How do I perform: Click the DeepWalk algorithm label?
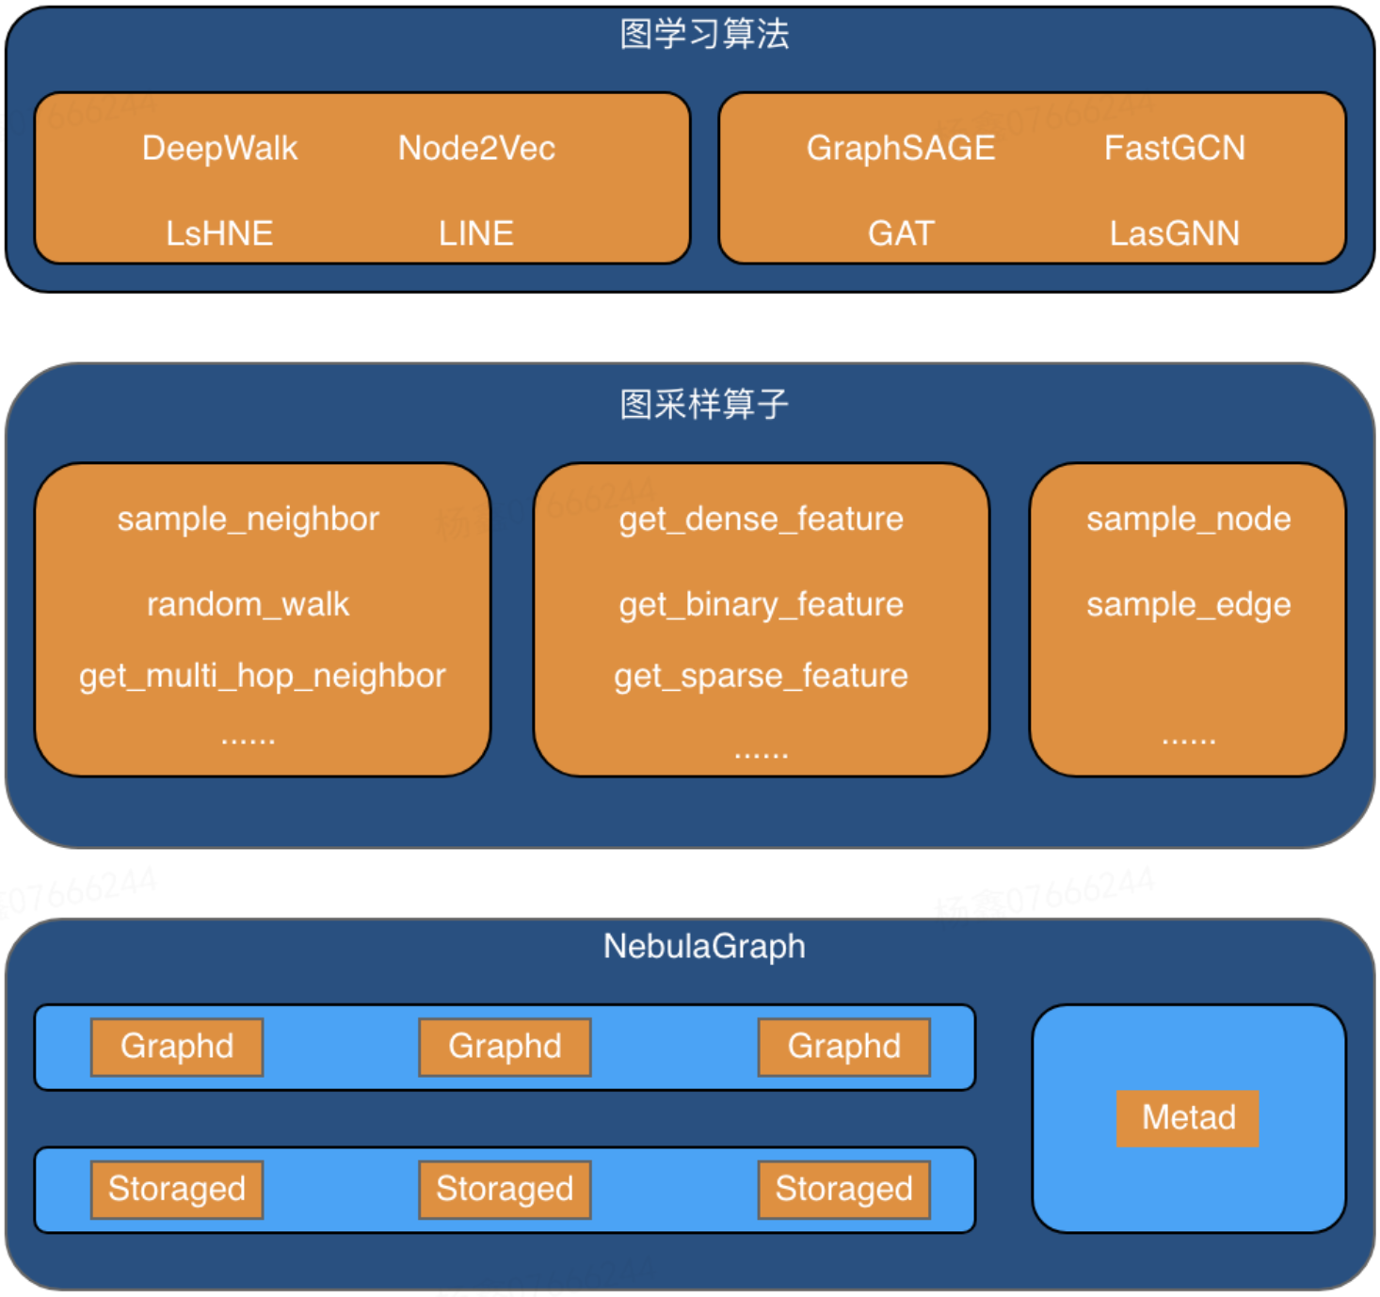pyautogui.click(x=219, y=148)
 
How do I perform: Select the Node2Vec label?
pyautogui.click(x=476, y=148)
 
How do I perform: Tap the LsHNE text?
pyautogui.click(x=219, y=233)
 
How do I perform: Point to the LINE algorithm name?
pyautogui.click(x=476, y=233)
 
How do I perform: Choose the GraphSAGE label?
pyautogui.click(x=901, y=148)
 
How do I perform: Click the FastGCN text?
pyautogui.click(x=1174, y=148)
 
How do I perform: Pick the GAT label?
pyautogui.click(x=901, y=233)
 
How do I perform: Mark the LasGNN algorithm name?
pyautogui.click(x=1174, y=233)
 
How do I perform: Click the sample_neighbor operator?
pyautogui.click(x=248, y=519)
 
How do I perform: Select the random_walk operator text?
pyautogui.click(x=248, y=603)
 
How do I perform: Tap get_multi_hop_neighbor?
pyautogui.click(x=262, y=676)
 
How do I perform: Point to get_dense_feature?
pyautogui.click(x=761, y=519)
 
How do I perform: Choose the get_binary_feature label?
pyautogui.click(x=761, y=603)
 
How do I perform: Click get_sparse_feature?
pyautogui.click(x=761, y=676)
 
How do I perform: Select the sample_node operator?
pyautogui.click(x=1188, y=519)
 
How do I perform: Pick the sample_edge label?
pyautogui.click(x=1188, y=603)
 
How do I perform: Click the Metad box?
pyautogui.click(x=1188, y=1118)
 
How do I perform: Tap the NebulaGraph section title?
pyautogui.click(x=704, y=946)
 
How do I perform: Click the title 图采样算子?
pyautogui.click(x=704, y=405)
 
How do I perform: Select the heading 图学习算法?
pyautogui.click(x=704, y=34)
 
